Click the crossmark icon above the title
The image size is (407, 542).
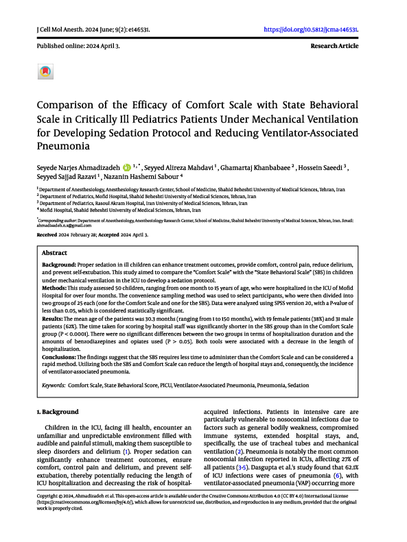tap(45, 71)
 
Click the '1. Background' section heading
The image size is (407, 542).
tap(57, 412)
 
